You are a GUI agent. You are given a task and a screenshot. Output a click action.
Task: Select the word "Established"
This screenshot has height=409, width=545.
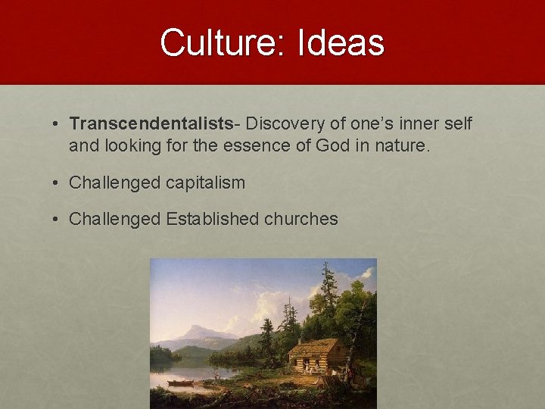(213, 220)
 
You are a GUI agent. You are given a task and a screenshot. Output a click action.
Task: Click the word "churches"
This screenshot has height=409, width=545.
(301, 220)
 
